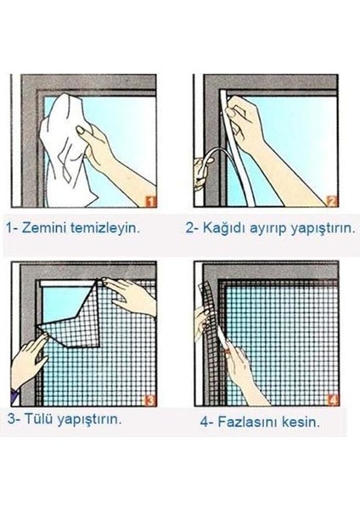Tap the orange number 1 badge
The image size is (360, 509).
coord(149,200)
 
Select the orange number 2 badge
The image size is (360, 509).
coord(333,201)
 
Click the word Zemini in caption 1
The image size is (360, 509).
coord(46,228)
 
